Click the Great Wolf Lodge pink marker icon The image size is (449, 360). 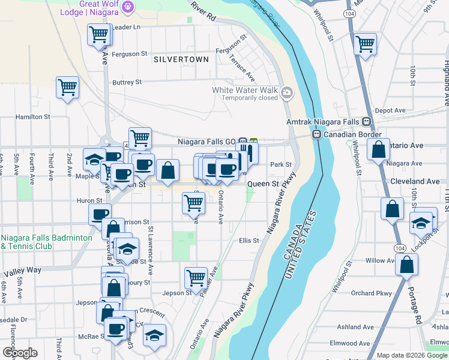click(127, 7)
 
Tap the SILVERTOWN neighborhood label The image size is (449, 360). click(181, 59)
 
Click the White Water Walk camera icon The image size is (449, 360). click(288, 92)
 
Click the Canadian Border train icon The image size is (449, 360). click(316, 134)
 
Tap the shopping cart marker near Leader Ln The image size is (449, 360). click(98, 34)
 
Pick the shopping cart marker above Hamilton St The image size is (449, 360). click(67, 86)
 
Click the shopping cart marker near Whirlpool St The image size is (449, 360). click(365, 43)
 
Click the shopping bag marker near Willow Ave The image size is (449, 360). click(406, 264)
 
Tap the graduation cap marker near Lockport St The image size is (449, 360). click(422, 223)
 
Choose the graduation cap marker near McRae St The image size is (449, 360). click(154, 335)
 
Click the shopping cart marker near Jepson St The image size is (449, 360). click(196, 277)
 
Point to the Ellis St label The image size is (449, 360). click(249, 241)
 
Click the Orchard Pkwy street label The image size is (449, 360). click(372, 293)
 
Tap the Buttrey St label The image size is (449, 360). click(127, 82)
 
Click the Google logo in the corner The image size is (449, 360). click(20, 353)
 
